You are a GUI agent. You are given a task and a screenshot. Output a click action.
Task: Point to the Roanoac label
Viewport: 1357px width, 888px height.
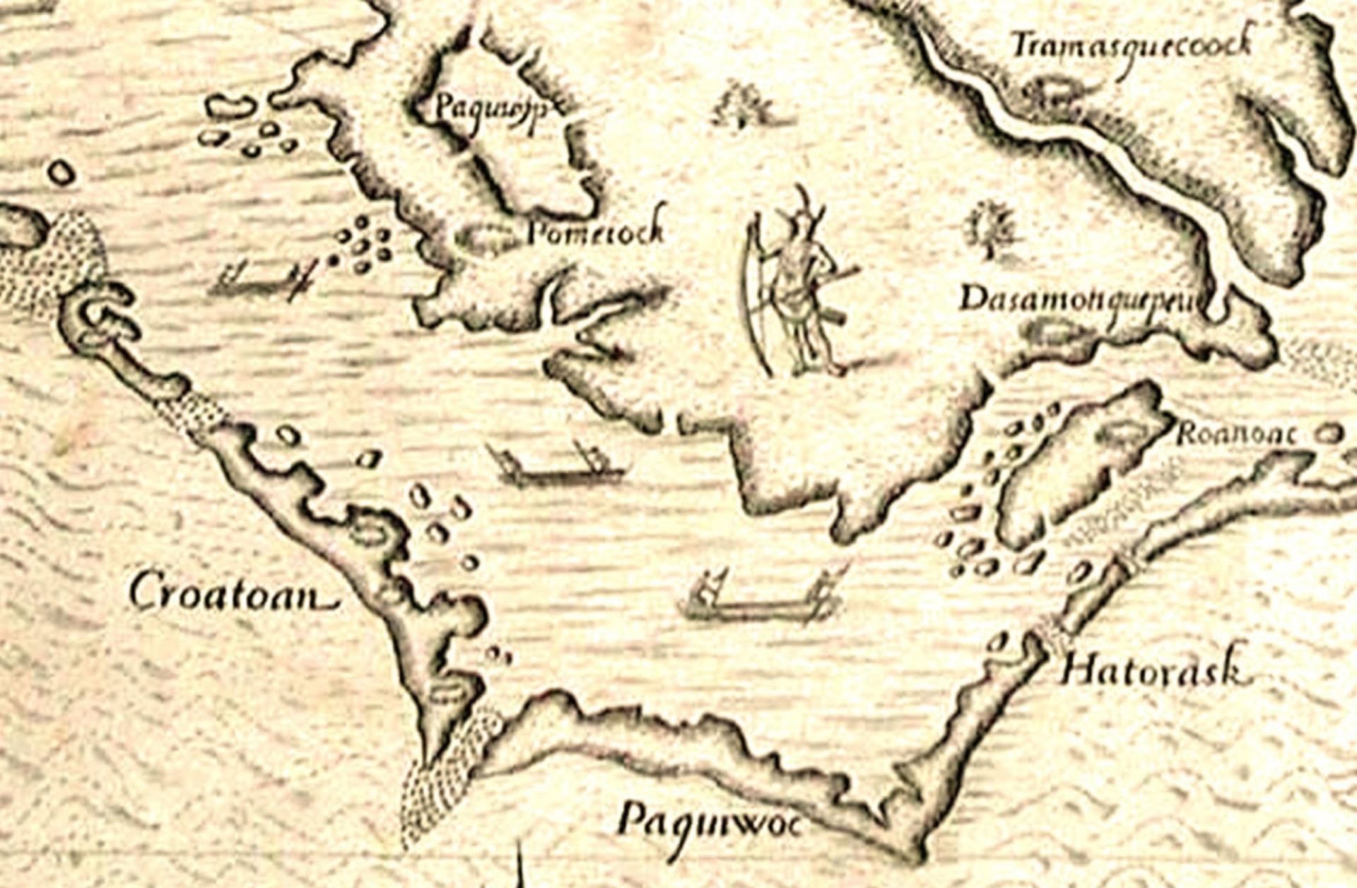1236,434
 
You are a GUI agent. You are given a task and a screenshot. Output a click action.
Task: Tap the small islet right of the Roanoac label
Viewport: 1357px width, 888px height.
1332,433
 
